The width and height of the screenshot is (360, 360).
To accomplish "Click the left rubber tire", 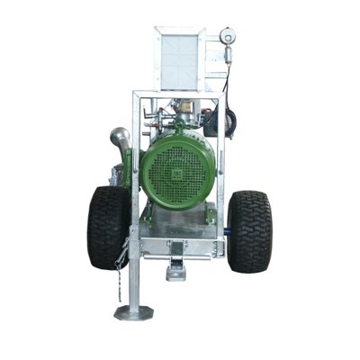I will [108, 227].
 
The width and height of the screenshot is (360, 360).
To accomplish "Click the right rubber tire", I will [249, 231].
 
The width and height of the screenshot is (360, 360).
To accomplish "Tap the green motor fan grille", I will [176, 173].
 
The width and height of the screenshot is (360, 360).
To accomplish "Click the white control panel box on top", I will [180, 58].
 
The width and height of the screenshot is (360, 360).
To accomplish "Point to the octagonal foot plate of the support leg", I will [132, 313].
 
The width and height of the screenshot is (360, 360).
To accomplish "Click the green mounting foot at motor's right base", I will [209, 214].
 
